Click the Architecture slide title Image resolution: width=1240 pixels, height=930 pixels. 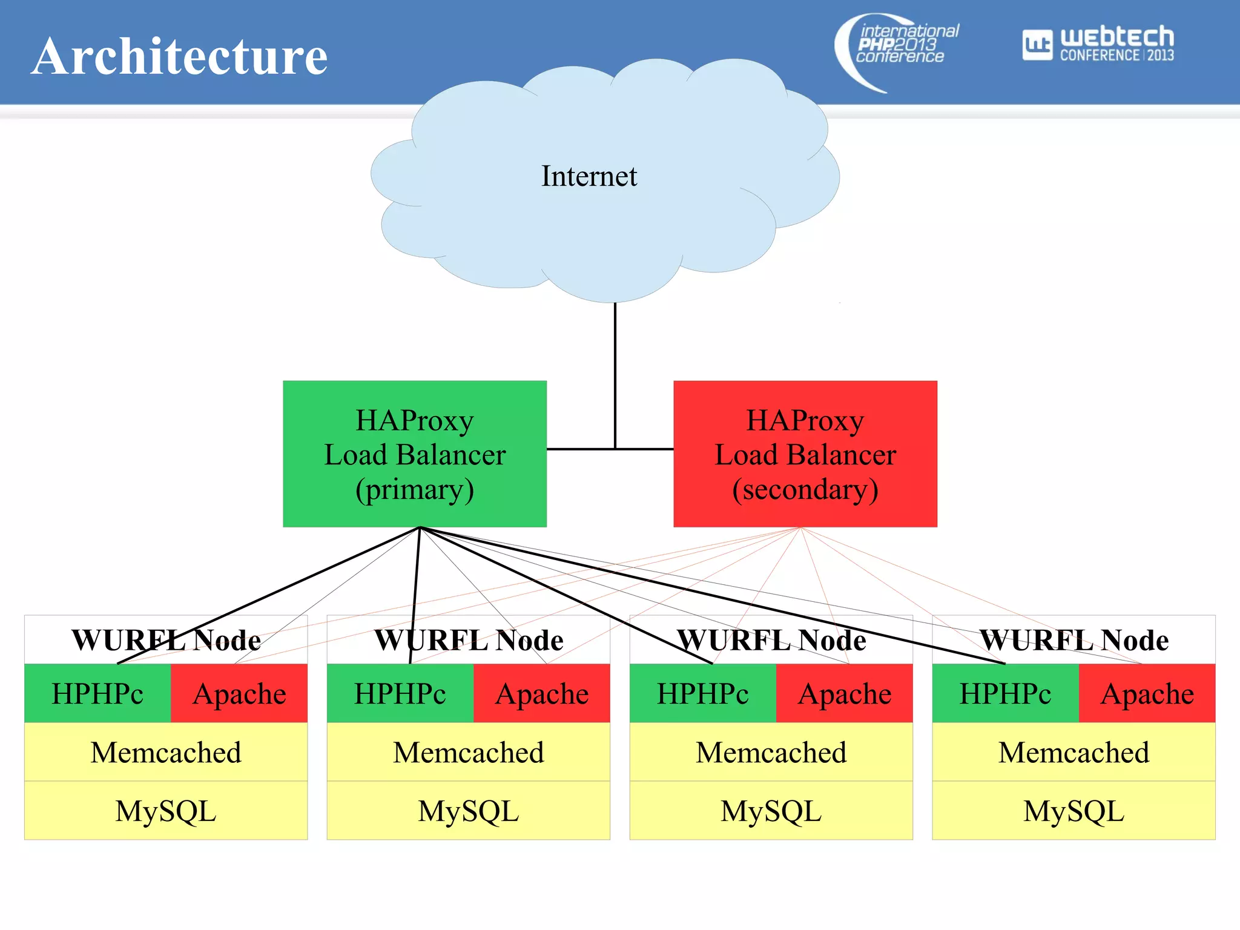179,56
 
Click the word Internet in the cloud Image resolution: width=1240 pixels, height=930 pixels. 589,176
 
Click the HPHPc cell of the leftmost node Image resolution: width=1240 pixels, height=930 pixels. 97,693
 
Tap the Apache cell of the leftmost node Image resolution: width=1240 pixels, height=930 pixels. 239,693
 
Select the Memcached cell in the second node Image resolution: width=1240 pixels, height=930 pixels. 468,752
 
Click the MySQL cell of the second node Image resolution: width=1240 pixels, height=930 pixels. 468,811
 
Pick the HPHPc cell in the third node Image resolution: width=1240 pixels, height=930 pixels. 702,693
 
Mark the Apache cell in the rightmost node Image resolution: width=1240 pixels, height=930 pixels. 1147,693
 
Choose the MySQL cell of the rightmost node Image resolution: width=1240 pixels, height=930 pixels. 1073,811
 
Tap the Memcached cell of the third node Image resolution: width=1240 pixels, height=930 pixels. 771,752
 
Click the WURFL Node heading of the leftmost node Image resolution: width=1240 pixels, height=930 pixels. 166,640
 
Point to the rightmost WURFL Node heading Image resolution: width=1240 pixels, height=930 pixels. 1073,640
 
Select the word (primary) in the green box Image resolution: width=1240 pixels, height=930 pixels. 415,489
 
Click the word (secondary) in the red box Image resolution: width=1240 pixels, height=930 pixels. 805,489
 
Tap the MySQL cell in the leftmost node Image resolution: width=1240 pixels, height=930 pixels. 166,811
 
